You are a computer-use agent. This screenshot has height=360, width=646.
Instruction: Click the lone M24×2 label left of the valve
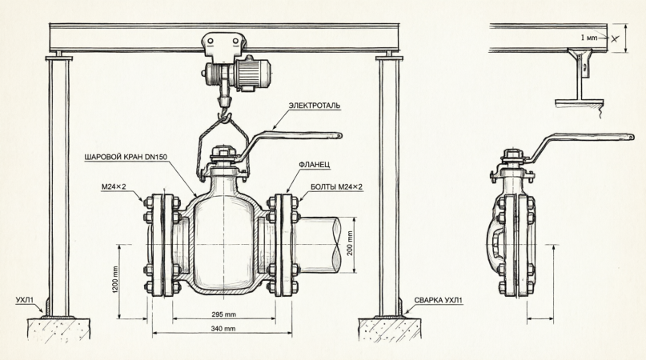tap(118, 186)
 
